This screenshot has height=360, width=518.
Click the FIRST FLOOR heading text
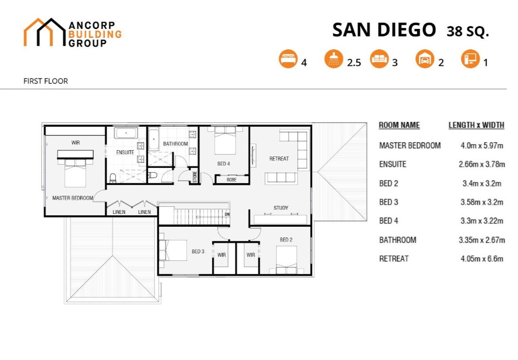coord(46,81)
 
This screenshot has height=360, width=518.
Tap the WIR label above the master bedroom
coord(76,142)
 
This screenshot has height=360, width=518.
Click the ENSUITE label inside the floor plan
coord(125,152)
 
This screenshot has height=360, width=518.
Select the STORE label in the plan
coord(194,177)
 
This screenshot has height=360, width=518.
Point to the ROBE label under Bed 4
coord(232,180)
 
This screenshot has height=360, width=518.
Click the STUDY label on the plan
coord(281,208)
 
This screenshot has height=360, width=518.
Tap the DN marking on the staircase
coord(227,214)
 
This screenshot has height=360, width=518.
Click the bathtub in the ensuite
coord(126,133)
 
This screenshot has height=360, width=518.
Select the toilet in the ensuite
coord(113,178)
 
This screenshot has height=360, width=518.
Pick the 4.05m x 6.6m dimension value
coord(482,259)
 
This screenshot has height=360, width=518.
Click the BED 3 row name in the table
coord(388,202)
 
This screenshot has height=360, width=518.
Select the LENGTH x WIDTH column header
coord(476,125)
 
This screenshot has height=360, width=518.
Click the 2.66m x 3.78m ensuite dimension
coord(482,164)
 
